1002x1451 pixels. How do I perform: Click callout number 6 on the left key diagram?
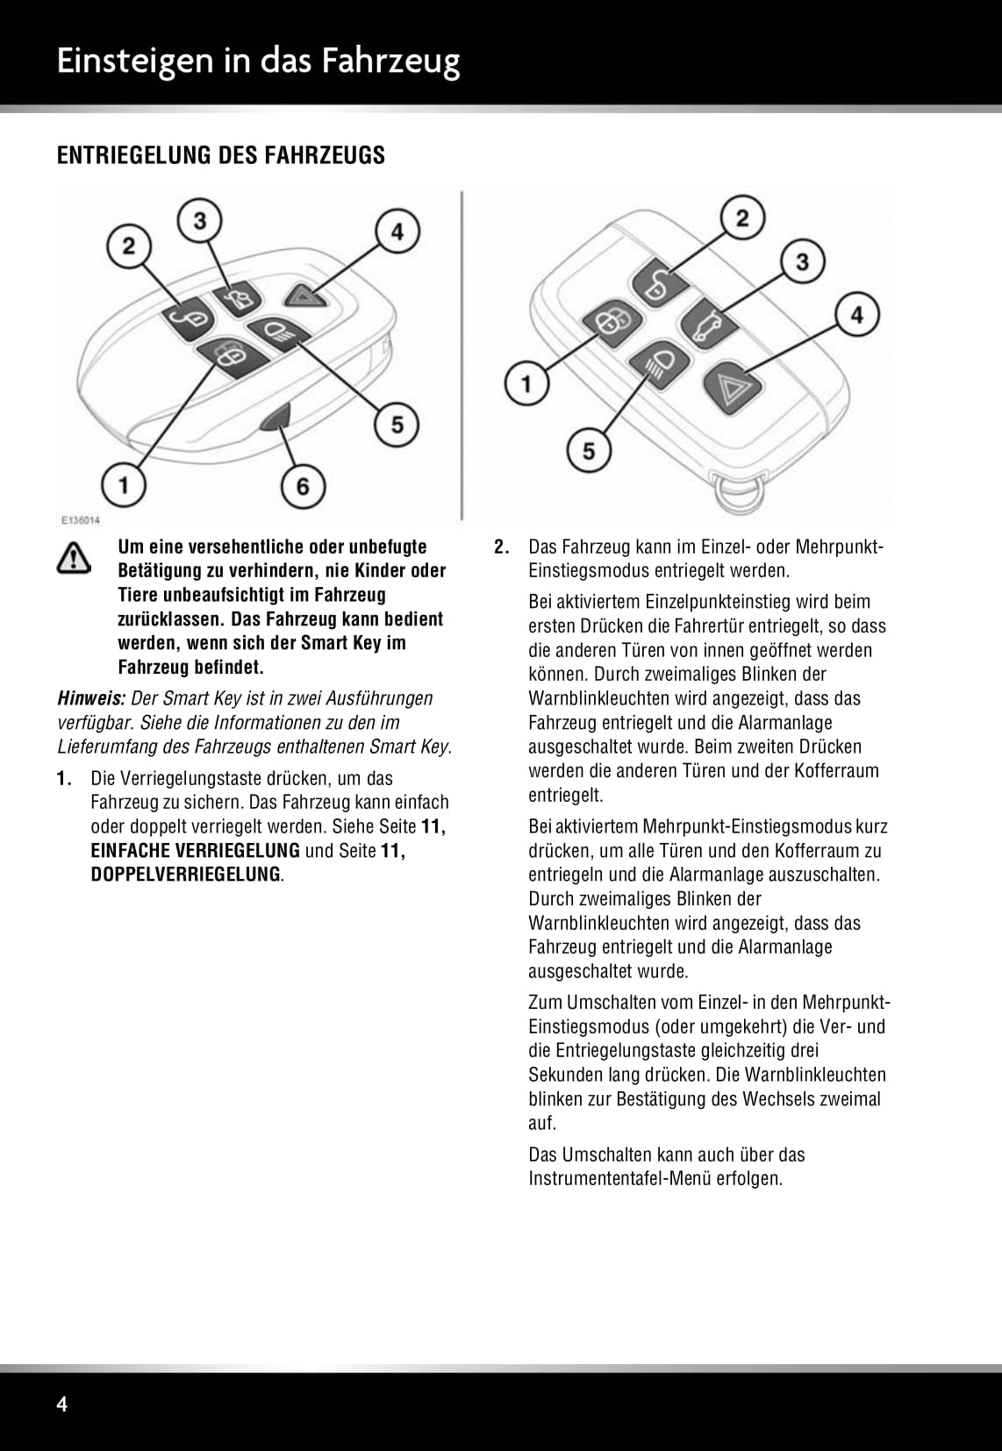click(303, 485)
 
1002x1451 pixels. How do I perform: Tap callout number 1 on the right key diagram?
click(526, 384)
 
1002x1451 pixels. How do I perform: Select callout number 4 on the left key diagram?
click(397, 232)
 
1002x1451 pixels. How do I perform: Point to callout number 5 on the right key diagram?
click(589, 451)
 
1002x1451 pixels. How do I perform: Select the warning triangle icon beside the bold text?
click(75, 558)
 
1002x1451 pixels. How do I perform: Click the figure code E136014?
click(80, 520)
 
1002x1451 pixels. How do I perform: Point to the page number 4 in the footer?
click(61, 1405)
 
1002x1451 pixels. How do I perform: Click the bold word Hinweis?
click(91, 698)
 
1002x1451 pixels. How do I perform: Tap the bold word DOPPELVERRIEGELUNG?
click(186, 875)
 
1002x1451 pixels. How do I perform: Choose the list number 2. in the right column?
click(501, 547)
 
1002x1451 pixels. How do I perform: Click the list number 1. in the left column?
click(63, 778)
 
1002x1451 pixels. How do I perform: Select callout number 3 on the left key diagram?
click(200, 220)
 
